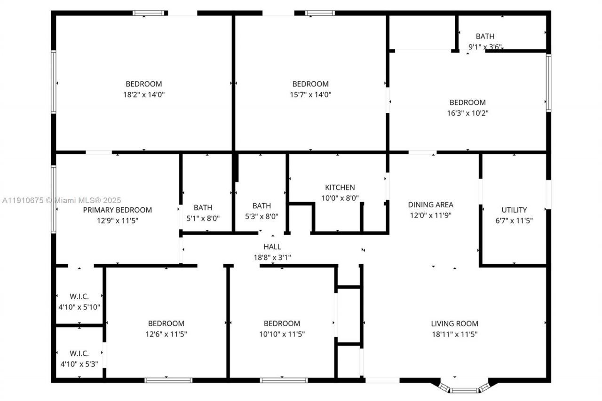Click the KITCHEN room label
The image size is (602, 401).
(x=340, y=187)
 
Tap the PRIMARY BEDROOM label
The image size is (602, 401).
(x=117, y=210)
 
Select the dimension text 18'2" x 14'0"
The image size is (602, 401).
(x=143, y=94)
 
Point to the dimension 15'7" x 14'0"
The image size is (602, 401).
(x=310, y=94)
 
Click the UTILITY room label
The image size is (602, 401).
(x=514, y=210)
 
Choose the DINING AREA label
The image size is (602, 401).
(x=430, y=204)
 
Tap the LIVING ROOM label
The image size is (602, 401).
(x=454, y=323)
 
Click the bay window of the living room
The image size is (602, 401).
(x=464, y=389)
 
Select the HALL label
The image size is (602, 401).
(x=272, y=246)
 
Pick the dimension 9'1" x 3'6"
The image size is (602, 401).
(x=485, y=47)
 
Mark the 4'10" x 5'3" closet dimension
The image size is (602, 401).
(x=79, y=363)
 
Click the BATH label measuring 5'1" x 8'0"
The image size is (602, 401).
(x=203, y=207)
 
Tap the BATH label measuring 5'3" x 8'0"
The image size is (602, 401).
(x=261, y=205)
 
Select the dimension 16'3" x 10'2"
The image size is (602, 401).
(x=467, y=113)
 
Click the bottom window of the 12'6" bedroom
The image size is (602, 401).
(x=168, y=380)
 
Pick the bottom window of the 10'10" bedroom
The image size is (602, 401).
(x=284, y=380)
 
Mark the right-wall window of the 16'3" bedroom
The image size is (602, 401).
(x=548, y=83)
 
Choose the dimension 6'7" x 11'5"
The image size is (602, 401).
(x=514, y=220)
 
